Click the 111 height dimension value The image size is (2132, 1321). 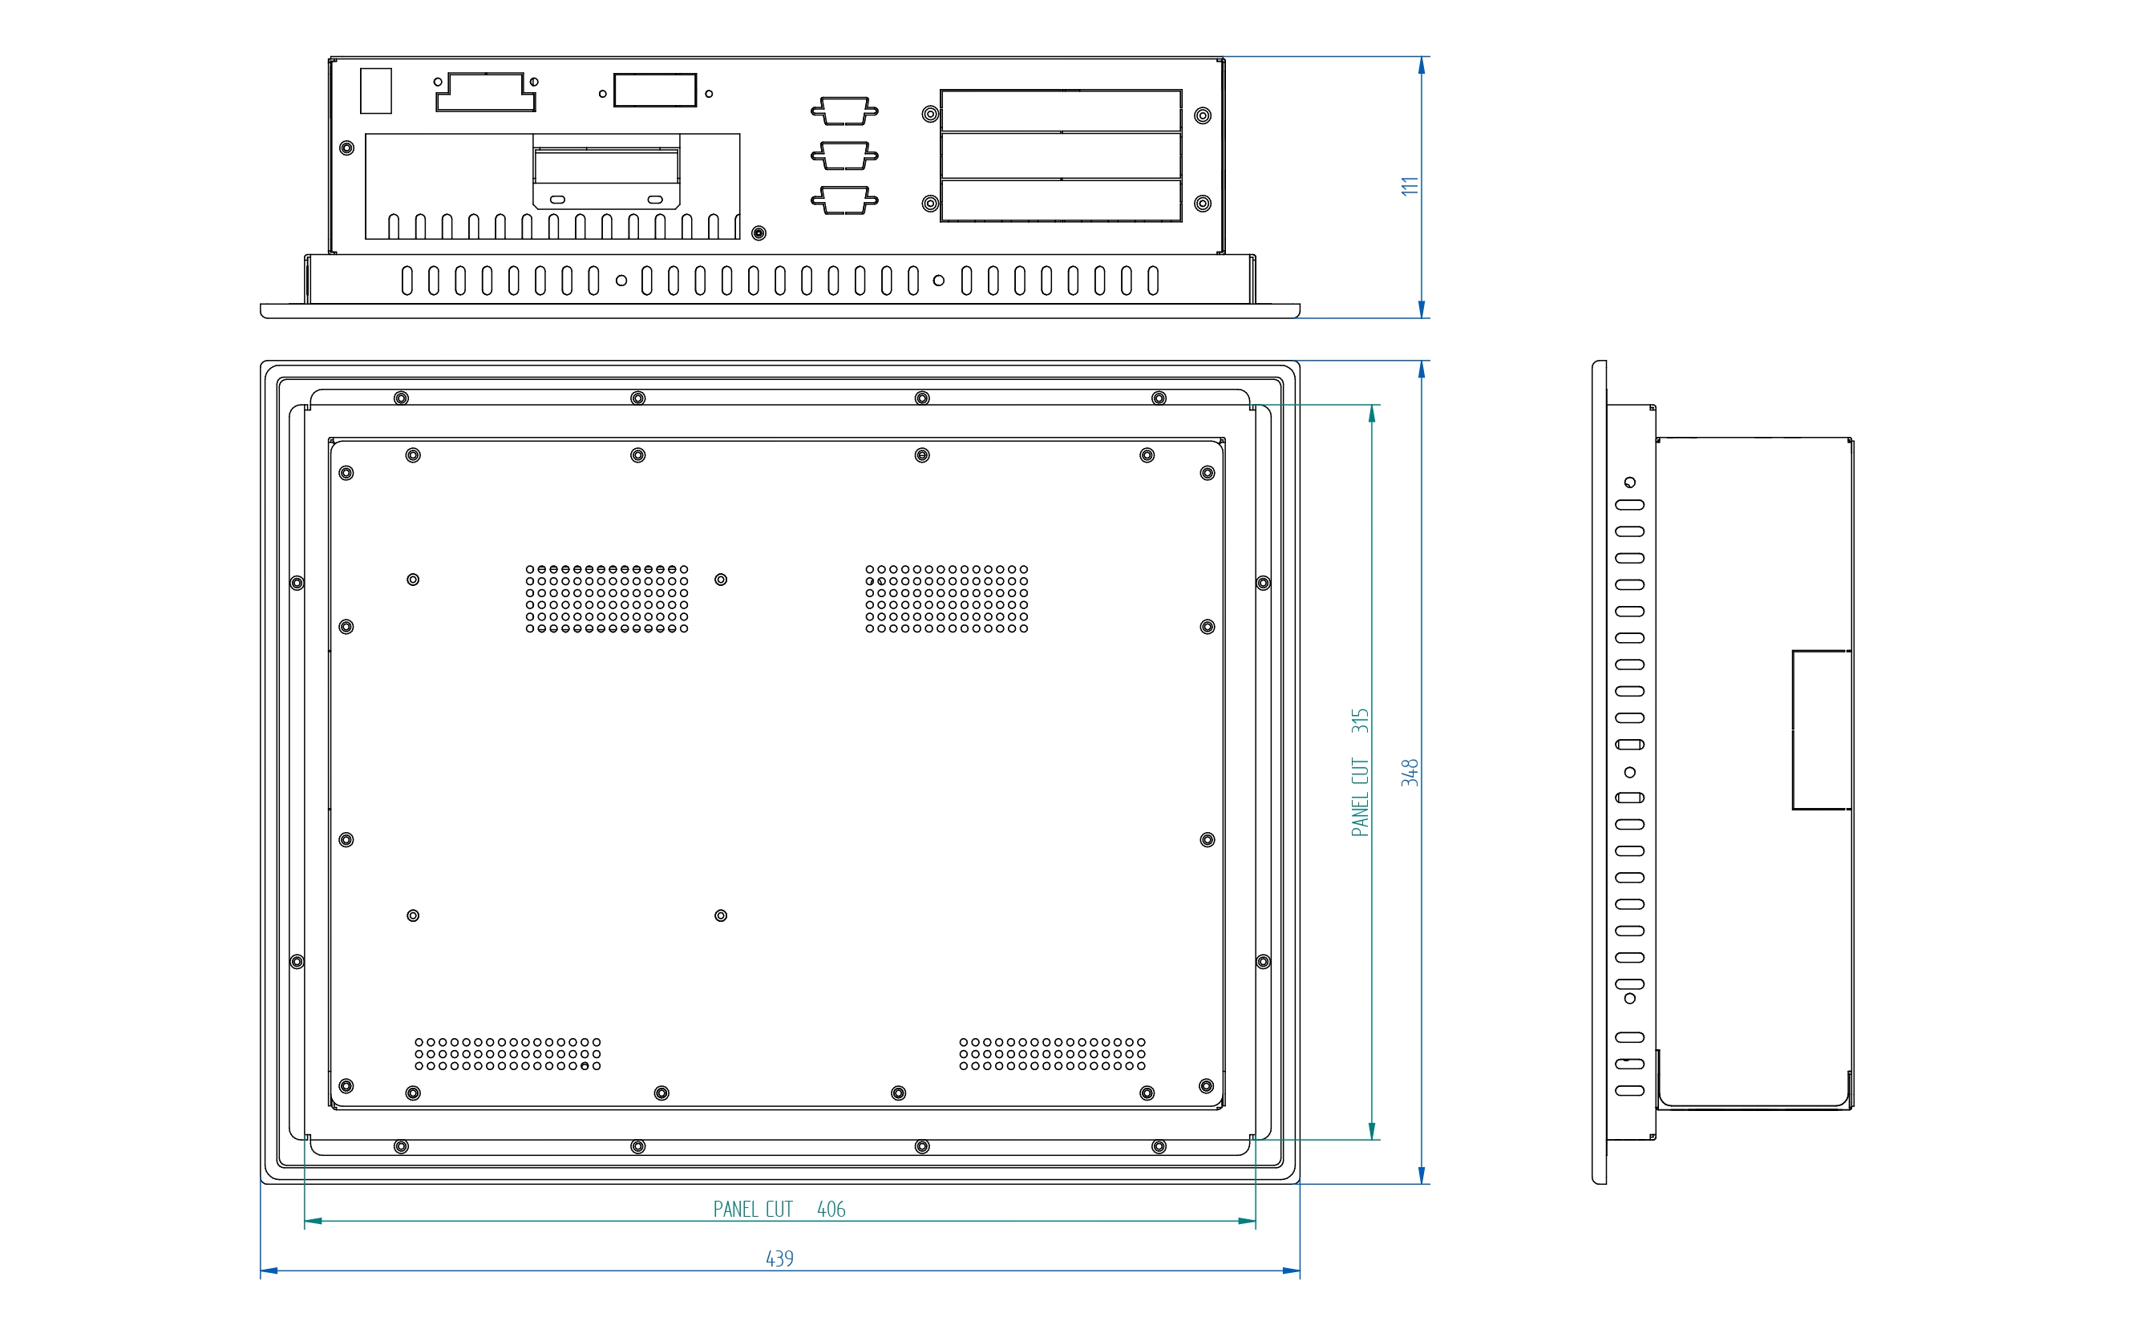[x=1409, y=186]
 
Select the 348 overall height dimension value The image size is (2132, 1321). [x=1409, y=773]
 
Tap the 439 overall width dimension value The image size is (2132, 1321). [x=779, y=1258]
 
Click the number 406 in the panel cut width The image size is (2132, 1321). [x=831, y=1209]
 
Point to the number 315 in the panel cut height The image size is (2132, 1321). [x=1360, y=721]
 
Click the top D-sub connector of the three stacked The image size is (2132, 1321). [x=844, y=111]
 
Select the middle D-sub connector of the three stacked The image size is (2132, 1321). [x=844, y=156]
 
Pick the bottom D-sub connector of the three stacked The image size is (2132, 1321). [x=844, y=200]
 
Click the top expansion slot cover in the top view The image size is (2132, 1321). [x=1061, y=111]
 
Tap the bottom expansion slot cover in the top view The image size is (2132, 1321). [x=1061, y=200]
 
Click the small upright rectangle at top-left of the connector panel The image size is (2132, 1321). [x=376, y=91]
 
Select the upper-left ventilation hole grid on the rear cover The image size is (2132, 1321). [x=606, y=599]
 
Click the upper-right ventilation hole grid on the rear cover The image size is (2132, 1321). [x=946, y=599]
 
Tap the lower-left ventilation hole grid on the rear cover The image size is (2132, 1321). [x=508, y=1053]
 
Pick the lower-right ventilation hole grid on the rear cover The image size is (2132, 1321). [x=1052, y=1053]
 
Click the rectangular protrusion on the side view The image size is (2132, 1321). [x=1821, y=729]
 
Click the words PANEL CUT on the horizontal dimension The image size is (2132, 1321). [x=752, y=1209]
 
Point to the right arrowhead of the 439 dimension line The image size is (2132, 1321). [x=1291, y=1271]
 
